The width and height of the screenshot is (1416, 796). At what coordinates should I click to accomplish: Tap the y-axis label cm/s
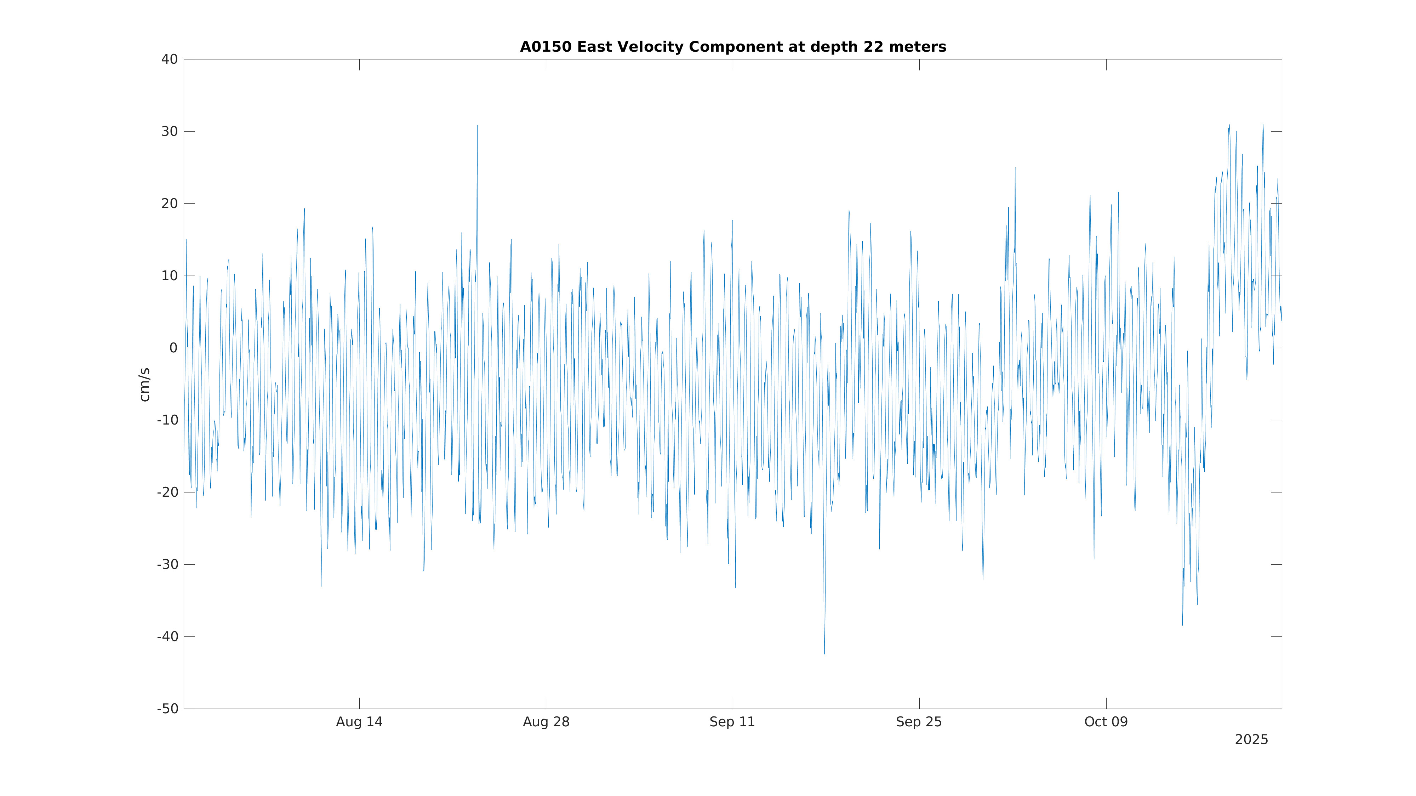(x=144, y=385)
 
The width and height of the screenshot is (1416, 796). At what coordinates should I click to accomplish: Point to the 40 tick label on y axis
(x=169, y=59)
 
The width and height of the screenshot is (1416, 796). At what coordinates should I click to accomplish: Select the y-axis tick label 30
(x=169, y=132)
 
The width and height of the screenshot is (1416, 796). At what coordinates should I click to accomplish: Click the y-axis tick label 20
(x=169, y=204)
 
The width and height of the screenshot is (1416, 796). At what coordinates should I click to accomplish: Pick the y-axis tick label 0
(x=173, y=348)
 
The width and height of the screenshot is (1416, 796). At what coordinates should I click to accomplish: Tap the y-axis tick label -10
(x=168, y=420)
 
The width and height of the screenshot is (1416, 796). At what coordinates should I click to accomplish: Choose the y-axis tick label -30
(x=168, y=565)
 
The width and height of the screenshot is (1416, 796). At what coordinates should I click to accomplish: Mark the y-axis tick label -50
(x=168, y=709)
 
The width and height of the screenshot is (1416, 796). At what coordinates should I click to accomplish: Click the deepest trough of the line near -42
(x=824, y=653)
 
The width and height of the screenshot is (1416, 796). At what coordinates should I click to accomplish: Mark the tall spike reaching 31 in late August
(x=477, y=126)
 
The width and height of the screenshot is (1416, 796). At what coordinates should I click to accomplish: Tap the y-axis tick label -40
(x=168, y=637)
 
